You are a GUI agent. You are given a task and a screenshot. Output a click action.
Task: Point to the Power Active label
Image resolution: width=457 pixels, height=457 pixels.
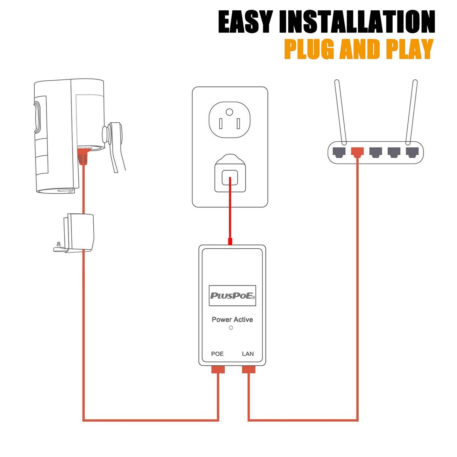[x=232, y=320]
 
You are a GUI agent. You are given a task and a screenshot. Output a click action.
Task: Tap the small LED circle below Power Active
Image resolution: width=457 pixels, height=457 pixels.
[x=231, y=328]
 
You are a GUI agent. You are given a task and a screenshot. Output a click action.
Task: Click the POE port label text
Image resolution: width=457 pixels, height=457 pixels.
[x=217, y=354]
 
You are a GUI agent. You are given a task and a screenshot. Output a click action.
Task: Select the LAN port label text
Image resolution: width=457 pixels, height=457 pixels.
[x=248, y=354]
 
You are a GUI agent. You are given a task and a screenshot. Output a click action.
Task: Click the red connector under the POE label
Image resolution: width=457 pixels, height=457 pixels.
[x=218, y=369]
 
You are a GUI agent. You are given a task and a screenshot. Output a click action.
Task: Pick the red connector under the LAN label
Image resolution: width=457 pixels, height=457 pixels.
[x=248, y=369]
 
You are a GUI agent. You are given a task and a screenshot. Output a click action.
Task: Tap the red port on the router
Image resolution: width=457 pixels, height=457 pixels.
[x=358, y=152]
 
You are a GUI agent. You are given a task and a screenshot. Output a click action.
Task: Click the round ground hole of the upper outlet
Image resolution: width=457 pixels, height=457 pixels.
[x=229, y=112]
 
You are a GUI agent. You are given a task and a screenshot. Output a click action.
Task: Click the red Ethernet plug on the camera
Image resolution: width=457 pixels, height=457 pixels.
[x=83, y=156]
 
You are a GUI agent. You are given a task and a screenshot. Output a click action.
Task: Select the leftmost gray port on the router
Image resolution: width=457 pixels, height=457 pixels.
[x=339, y=152]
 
